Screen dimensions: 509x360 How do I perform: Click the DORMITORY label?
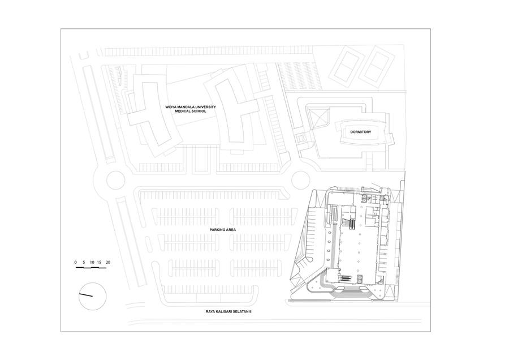pyautogui.click(x=360, y=132)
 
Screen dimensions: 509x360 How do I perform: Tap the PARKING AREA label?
pyautogui.click(x=222, y=230)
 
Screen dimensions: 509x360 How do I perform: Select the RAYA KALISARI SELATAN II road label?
pyautogui.click(x=228, y=311)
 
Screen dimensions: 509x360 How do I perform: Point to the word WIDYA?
pyautogui.click(x=171, y=107)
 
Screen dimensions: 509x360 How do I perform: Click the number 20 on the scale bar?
pyautogui.click(x=108, y=262)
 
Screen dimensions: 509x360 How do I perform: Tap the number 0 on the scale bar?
pyautogui.click(x=76, y=262)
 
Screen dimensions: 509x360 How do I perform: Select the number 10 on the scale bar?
pyautogui.click(x=92, y=262)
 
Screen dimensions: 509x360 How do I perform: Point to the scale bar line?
pyautogui.click(x=91, y=268)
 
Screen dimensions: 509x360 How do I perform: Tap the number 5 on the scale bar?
pyautogui.click(x=84, y=262)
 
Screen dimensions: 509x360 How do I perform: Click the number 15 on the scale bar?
pyautogui.click(x=99, y=262)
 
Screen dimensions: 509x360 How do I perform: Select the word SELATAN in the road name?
pyautogui.click(x=240, y=311)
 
